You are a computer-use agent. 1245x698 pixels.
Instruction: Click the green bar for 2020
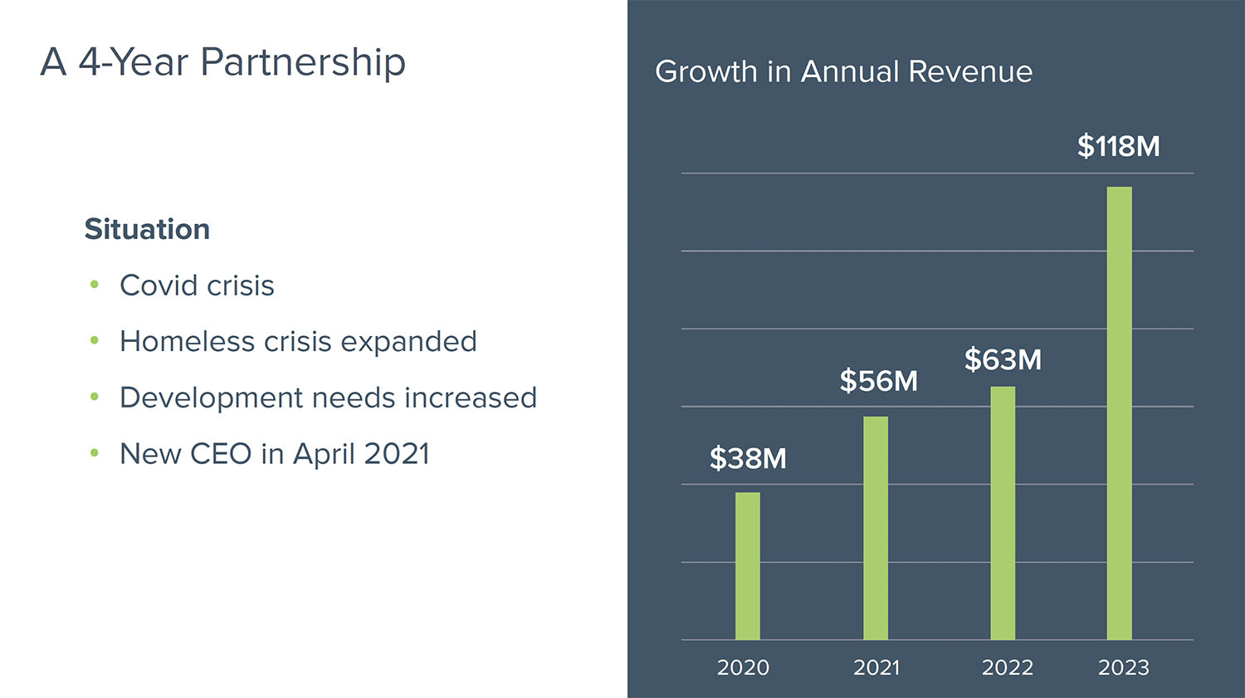click(x=747, y=566)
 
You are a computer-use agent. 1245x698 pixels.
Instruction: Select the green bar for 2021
click(x=876, y=528)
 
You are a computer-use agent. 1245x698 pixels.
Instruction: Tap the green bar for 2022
click(x=1003, y=513)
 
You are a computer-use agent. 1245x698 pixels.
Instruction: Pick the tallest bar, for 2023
click(x=1119, y=413)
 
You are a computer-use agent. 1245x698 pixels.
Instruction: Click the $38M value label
click(x=748, y=458)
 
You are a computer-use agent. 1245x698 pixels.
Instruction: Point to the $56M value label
click(x=878, y=381)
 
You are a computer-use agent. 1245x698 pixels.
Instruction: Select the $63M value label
click(x=1003, y=360)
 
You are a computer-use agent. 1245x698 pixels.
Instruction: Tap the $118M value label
click(x=1118, y=147)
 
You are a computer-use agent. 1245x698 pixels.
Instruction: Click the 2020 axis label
click(x=743, y=667)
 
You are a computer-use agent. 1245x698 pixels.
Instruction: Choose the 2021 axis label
click(x=876, y=667)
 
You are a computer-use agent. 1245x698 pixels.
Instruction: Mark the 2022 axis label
click(x=1007, y=667)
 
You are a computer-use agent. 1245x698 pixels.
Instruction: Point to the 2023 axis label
click(x=1123, y=667)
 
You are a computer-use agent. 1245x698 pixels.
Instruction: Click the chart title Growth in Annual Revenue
click(x=843, y=71)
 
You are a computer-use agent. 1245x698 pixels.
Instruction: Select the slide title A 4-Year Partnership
click(x=222, y=62)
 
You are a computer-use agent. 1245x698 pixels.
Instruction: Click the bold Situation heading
click(x=147, y=229)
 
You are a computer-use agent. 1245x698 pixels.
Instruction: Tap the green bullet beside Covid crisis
click(x=95, y=285)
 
